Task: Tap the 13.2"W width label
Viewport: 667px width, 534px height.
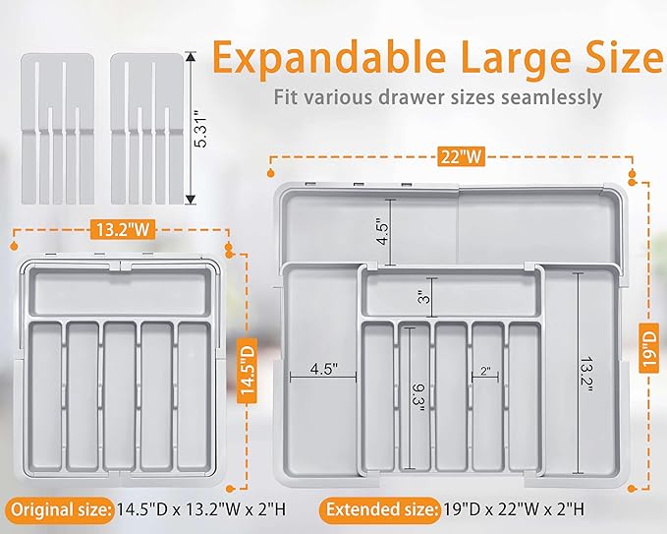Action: tap(123, 230)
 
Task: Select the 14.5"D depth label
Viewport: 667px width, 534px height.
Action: tap(247, 372)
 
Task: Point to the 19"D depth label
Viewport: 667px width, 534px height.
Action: tap(649, 347)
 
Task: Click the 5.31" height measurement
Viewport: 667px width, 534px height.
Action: tap(200, 129)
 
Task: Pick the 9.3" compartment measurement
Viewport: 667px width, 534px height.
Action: tap(418, 397)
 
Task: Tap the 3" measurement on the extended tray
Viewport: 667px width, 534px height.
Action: tap(424, 297)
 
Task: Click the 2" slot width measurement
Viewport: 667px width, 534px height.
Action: tap(485, 371)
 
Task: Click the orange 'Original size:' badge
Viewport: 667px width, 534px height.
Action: tap(60, 509)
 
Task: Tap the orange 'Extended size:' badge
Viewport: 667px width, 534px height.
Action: tap(380, 509)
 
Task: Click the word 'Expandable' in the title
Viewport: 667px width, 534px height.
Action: tap(330, 57)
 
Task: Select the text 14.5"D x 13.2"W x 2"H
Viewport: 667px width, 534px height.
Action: tap(201, 509)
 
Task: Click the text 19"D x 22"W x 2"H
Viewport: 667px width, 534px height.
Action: tap(514, 509)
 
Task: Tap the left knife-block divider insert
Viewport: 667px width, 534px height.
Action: tap(58, 129)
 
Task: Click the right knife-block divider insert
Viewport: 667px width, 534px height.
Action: tap(147, 129)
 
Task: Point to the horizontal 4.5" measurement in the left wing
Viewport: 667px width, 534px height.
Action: tap(324, 369)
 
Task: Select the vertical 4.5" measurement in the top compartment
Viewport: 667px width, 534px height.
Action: tap(382, 232)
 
